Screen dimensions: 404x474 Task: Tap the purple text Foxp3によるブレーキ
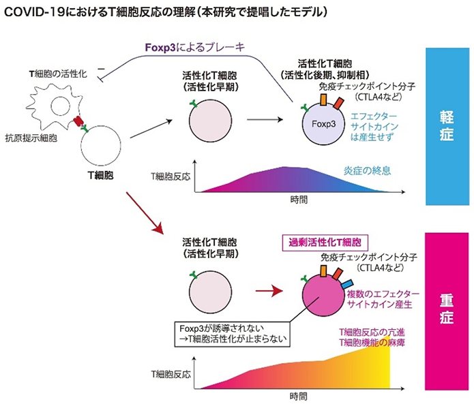[195, 48]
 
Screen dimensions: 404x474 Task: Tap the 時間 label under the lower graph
[297, 395]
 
